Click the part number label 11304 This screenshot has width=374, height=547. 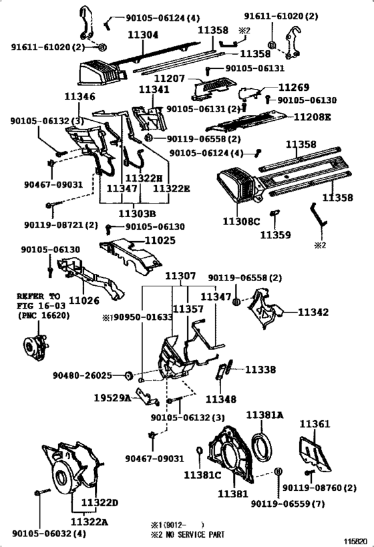point(143,35)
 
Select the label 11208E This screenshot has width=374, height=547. point(312,117)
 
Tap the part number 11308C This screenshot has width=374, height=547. point(241,221)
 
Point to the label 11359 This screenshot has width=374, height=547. point(275,235)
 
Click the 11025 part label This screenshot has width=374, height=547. point(160,240)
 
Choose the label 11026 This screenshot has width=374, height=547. point(83,301)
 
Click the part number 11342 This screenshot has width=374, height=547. point(313,312)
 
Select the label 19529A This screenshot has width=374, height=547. point(112,397)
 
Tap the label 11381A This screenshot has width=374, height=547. point(264,415)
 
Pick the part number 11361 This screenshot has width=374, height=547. point(315,424)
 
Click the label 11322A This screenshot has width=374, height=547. point(89,522)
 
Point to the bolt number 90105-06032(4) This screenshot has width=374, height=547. point(49,534)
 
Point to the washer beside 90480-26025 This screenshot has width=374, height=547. point(129,375)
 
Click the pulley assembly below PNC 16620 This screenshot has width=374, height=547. point(35,347)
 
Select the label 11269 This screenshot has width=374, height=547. point(294,87)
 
